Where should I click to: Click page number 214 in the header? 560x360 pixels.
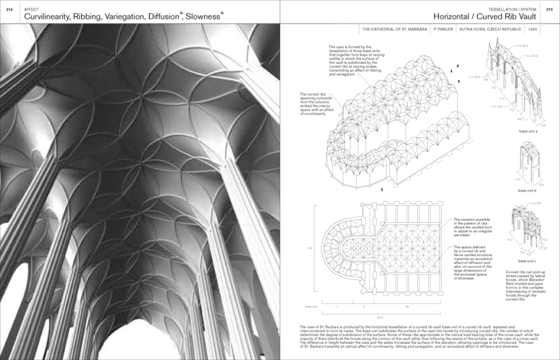(9, 8)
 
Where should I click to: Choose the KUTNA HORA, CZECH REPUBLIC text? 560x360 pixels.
(488, 29)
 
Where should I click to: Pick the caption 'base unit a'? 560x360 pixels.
(528, 132)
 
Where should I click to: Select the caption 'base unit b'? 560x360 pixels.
(528, 191)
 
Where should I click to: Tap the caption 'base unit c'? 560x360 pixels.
(528, 261)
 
